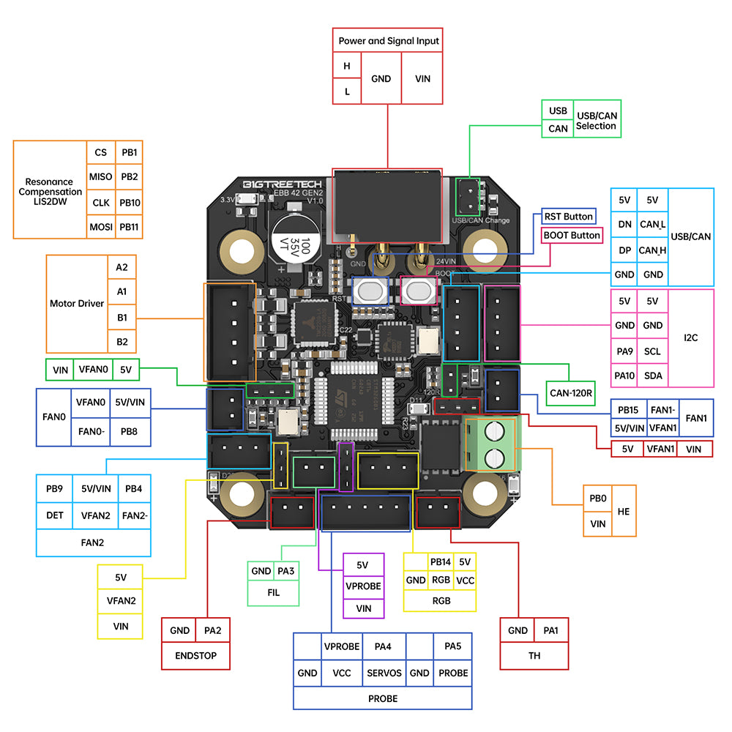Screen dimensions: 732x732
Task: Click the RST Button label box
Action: [x=568, y=217]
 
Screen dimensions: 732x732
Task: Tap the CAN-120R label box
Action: [x=571, y=392]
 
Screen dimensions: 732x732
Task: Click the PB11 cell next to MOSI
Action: [x=129, y=227]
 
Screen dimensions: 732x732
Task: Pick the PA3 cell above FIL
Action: [x=286, y=571]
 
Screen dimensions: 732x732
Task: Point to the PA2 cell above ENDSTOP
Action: [x=212, y=630]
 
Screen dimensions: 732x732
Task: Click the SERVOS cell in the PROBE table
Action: [x=384, y=673]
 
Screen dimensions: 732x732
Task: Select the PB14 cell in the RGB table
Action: [x=441, y=562]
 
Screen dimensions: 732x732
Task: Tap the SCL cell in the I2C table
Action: [x=652, y=351]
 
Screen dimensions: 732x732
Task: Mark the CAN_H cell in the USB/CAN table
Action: [x=652, y=250]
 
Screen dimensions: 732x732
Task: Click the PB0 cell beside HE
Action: [x=597, y=498]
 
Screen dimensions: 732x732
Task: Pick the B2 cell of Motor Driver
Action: [x=122, y=341]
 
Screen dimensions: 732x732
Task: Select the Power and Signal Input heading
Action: [x=389, y=41]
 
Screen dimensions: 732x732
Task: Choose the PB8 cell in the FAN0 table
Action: [x=129, y=432]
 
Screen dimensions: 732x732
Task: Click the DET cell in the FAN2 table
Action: [x=55, y=515]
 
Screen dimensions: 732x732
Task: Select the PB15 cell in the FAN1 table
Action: [x=627, y=410]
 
